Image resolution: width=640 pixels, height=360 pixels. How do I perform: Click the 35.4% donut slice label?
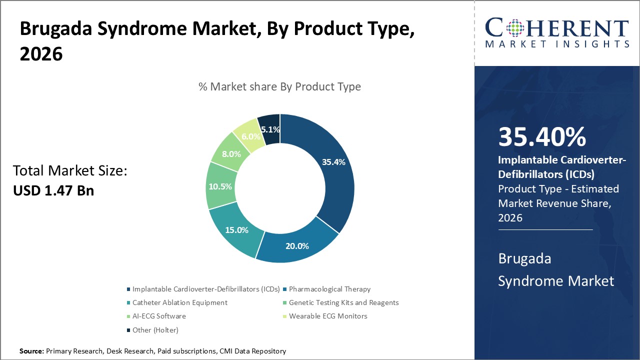click(x=333, y=162)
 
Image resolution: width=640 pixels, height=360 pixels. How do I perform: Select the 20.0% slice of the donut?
click(x=297, y=245)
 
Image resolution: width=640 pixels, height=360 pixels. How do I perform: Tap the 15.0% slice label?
click(x=237, y=230)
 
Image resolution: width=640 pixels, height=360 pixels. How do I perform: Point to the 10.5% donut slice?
click(x=219, y=186)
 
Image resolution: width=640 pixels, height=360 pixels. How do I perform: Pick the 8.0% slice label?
click(x=231, y=154)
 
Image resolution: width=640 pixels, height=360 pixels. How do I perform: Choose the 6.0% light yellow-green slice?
click(x=251, y=136)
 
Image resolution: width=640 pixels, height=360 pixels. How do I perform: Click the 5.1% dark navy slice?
click(x=270, y=129)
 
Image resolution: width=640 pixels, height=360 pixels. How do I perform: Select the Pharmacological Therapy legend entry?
click(x=329, y=289)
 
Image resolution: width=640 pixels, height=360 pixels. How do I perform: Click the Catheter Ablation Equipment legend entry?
click(x=179, y=302)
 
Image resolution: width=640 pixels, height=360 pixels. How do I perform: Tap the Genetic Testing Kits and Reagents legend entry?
click(x=343, y=302)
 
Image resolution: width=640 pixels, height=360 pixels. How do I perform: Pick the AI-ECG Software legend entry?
click(x=159, y=316)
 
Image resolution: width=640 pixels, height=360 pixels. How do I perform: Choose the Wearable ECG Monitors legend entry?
click(x=328, y=316)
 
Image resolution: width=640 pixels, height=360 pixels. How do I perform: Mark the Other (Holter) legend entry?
click(x=155, y=330)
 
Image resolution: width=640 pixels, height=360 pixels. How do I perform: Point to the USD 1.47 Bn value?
click(x=53, y=190)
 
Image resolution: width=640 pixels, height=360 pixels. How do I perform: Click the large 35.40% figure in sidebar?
click(x=542, y=137)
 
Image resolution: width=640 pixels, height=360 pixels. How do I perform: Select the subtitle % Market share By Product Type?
click(x=279, y=86)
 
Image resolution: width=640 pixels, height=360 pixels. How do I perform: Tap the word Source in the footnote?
click(x=31, y=351)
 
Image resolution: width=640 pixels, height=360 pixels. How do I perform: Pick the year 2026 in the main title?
click(x=41, y=53)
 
